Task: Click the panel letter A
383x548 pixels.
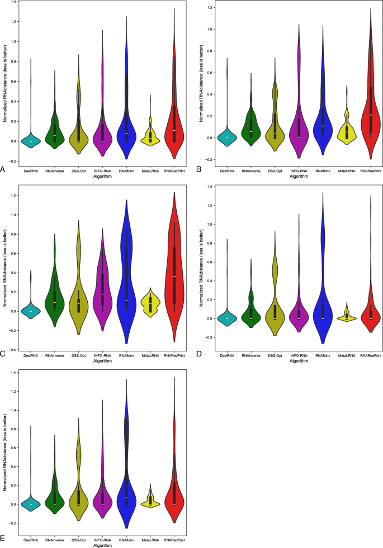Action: point(4,168)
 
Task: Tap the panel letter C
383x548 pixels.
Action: point(4,354)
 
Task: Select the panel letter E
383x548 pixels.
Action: point(4,539)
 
